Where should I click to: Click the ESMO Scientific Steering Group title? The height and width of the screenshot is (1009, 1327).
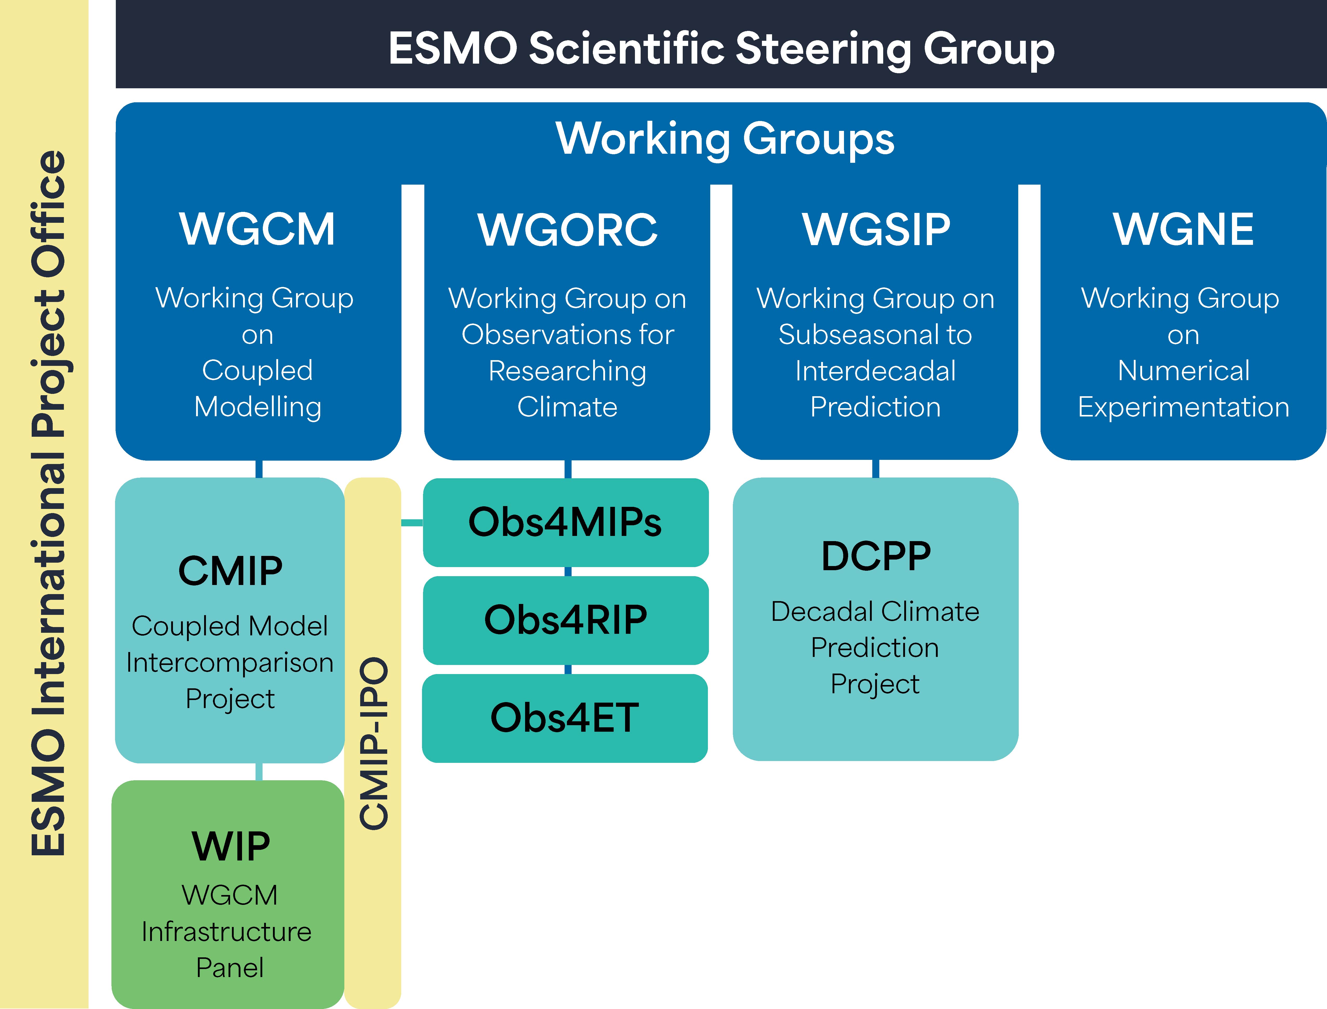721,48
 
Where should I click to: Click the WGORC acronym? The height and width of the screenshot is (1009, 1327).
567,230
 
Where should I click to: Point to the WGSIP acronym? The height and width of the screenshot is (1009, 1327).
876,230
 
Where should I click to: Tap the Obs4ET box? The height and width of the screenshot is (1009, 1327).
565,718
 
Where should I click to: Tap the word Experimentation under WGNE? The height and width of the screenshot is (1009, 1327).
1183,407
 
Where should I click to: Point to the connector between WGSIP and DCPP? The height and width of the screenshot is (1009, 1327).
875,468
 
